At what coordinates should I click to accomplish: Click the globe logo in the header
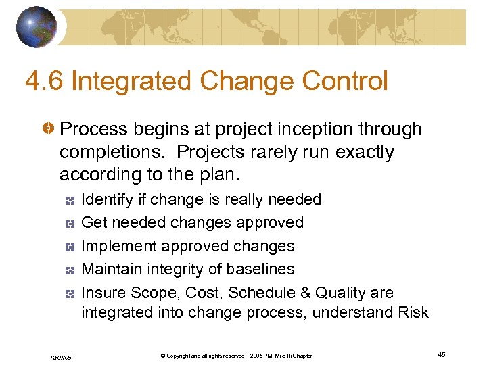pyautogui.click(x=36, y=27)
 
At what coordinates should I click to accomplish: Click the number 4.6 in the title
pyautogui.click(x=44, y=82)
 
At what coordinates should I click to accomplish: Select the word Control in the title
pyautogui.click(x=345, y=82)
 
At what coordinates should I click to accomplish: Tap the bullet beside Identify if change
pyautogui.click(x=70, y=200)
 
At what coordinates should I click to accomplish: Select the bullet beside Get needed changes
pyautogui.click(x=70, y=223)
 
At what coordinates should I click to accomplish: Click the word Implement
pyautogui.click(x=114, y=246)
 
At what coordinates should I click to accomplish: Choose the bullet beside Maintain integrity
pyautogui.click(x=70, y=270)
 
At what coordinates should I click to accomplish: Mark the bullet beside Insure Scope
pyautogui.click(x=70, y=293)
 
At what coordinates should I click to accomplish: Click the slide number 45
pyautogui.click(x=441, y=355)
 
